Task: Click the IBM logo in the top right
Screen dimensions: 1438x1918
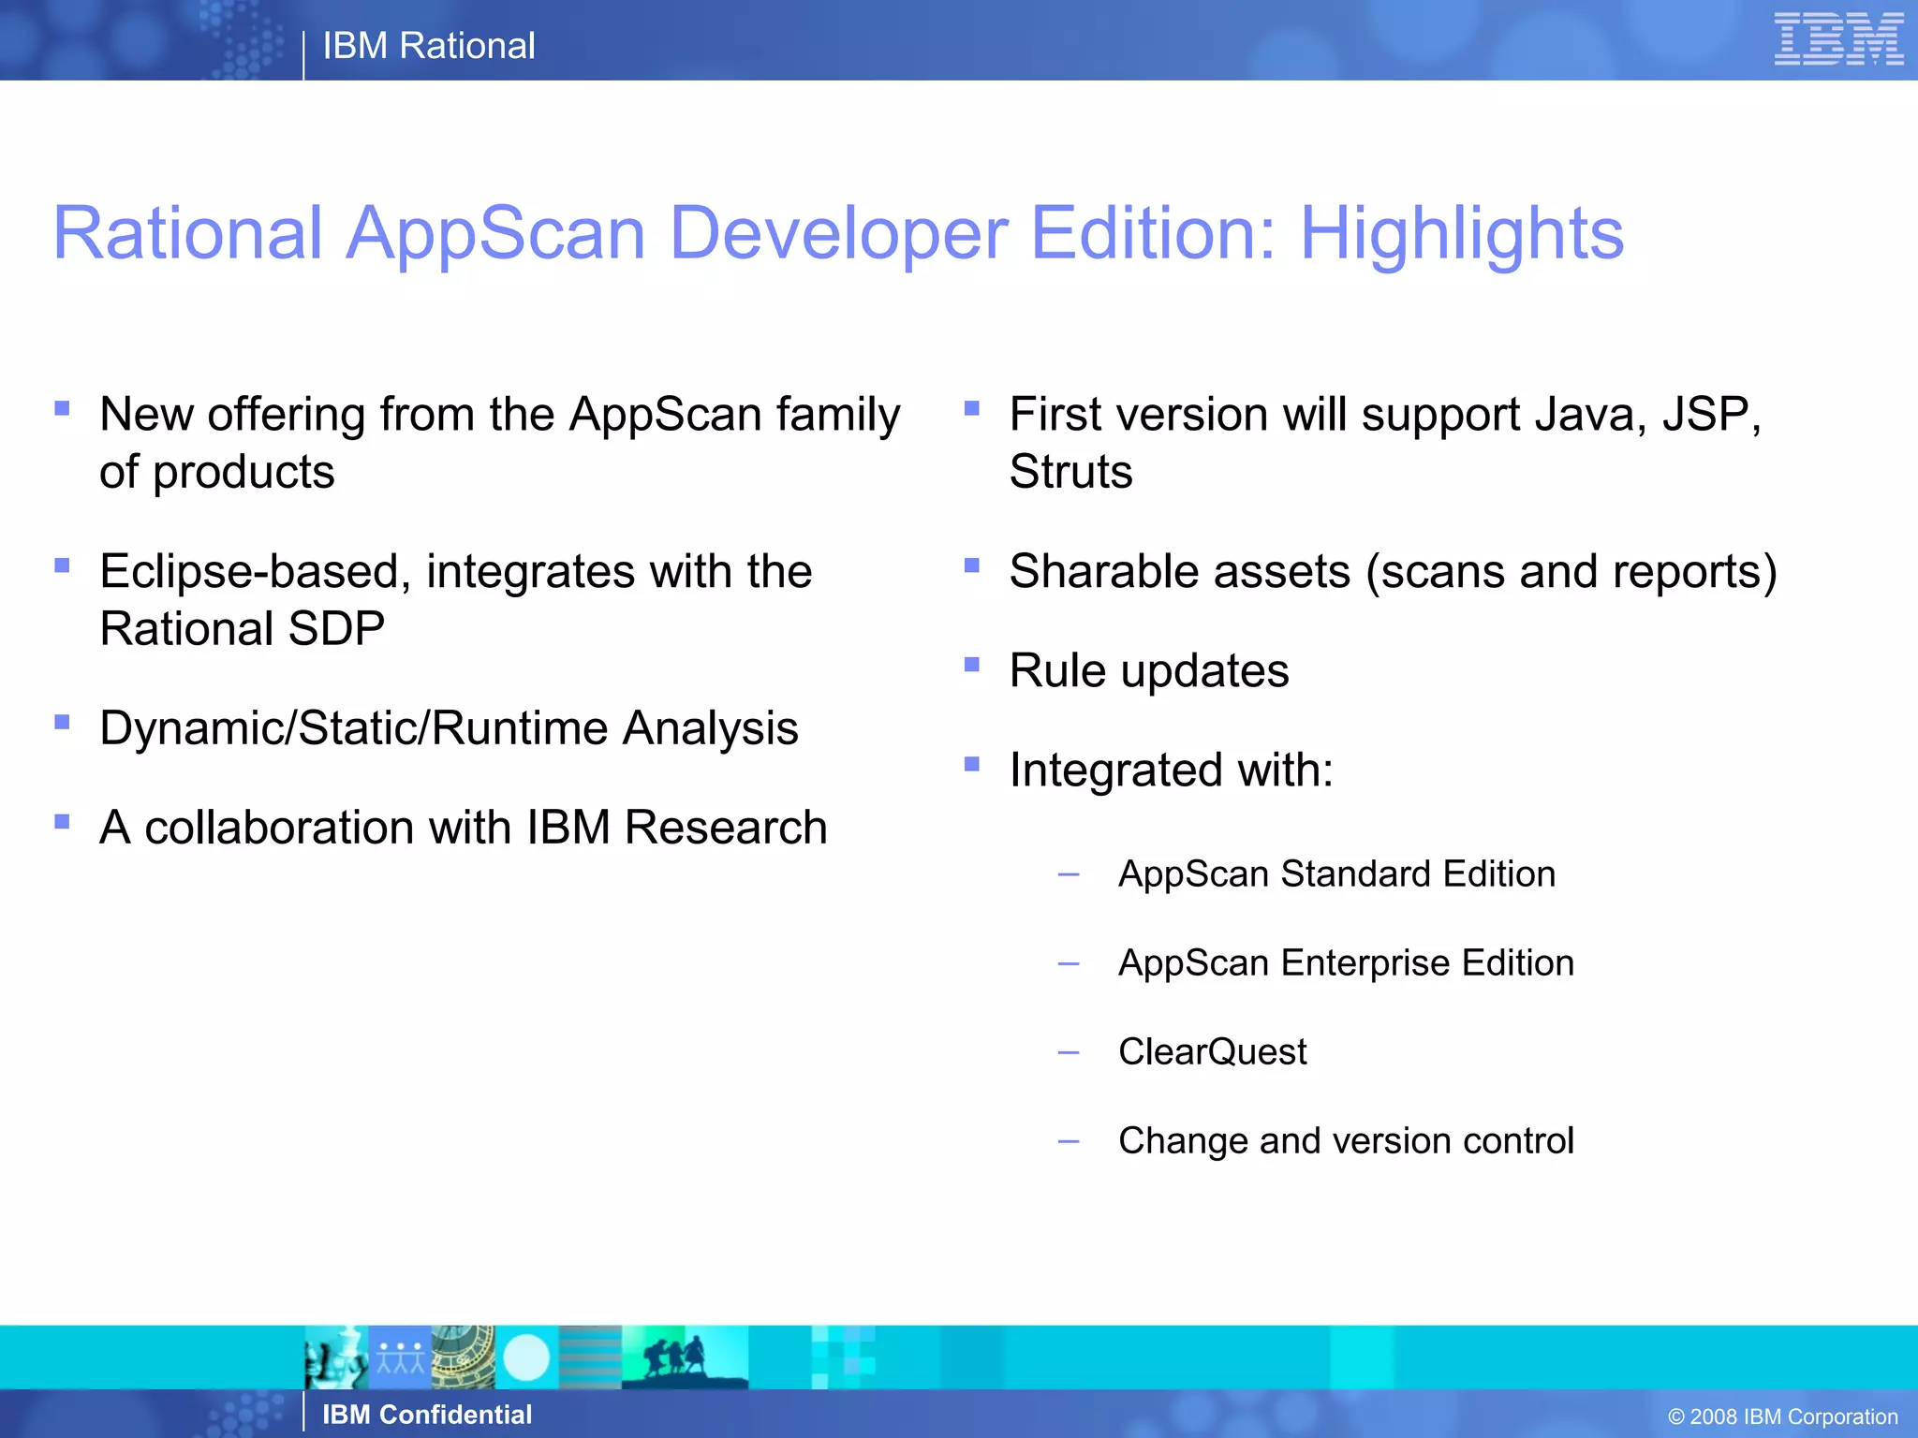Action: (x=1838, y=39)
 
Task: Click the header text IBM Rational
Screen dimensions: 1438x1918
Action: (x=429, y=46)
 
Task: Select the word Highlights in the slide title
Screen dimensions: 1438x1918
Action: (x=1461, y=233)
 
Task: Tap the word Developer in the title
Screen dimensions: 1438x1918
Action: (x=838, y=233)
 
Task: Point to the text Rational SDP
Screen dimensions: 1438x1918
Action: (x=242, y=628)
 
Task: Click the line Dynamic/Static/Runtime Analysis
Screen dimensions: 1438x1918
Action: (x=449, y=728)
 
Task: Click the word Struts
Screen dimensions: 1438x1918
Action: (x=1070, y=471)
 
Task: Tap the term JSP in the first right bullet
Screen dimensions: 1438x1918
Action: (x=1710, y=414)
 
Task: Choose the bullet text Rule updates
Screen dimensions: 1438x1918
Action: (x=1149, y=670)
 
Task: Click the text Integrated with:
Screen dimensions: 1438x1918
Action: (x=1171, y=770)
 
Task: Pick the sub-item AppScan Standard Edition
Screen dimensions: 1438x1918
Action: (x=1336, y=873)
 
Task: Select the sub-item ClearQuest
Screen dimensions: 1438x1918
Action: (x=1212, y=1051)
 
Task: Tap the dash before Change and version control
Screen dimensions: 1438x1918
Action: (x=1068, y=1141)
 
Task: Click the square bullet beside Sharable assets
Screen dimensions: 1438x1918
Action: (x=972, y=565)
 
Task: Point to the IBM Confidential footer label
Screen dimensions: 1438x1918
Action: (x=427, y=1415)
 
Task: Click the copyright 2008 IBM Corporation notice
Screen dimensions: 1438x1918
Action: (x=1782, y=1416)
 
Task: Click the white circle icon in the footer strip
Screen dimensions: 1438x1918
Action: (x=526, y=1357)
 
